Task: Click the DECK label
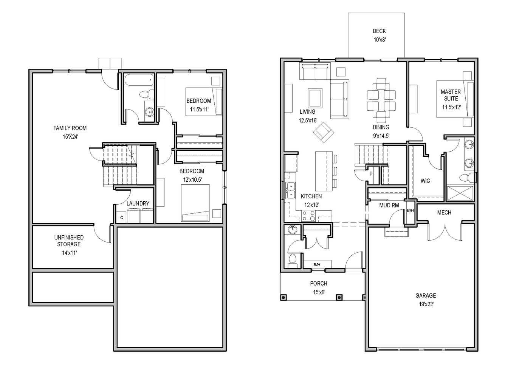coord(379,31)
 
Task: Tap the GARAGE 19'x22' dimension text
coord(426,304)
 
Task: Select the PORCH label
coord(319,283)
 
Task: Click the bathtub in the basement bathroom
coord(139,80)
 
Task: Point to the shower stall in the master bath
coord(460,193)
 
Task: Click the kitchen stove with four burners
coord(308,216)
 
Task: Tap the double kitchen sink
coord(291,190)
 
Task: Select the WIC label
coord(425,181)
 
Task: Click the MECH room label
coord(444,212)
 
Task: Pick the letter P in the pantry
coord(371,174)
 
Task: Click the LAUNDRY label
coord(138,204)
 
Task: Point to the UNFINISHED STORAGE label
coord(69,241)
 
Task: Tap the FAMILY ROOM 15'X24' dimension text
coord(70,136)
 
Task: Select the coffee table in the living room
coord(315,97)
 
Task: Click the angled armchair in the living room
coord(324,133)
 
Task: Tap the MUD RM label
coord(389,205)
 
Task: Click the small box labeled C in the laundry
coord(121,218)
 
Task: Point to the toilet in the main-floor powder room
coord(293,261)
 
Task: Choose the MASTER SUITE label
coord(451,95)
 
